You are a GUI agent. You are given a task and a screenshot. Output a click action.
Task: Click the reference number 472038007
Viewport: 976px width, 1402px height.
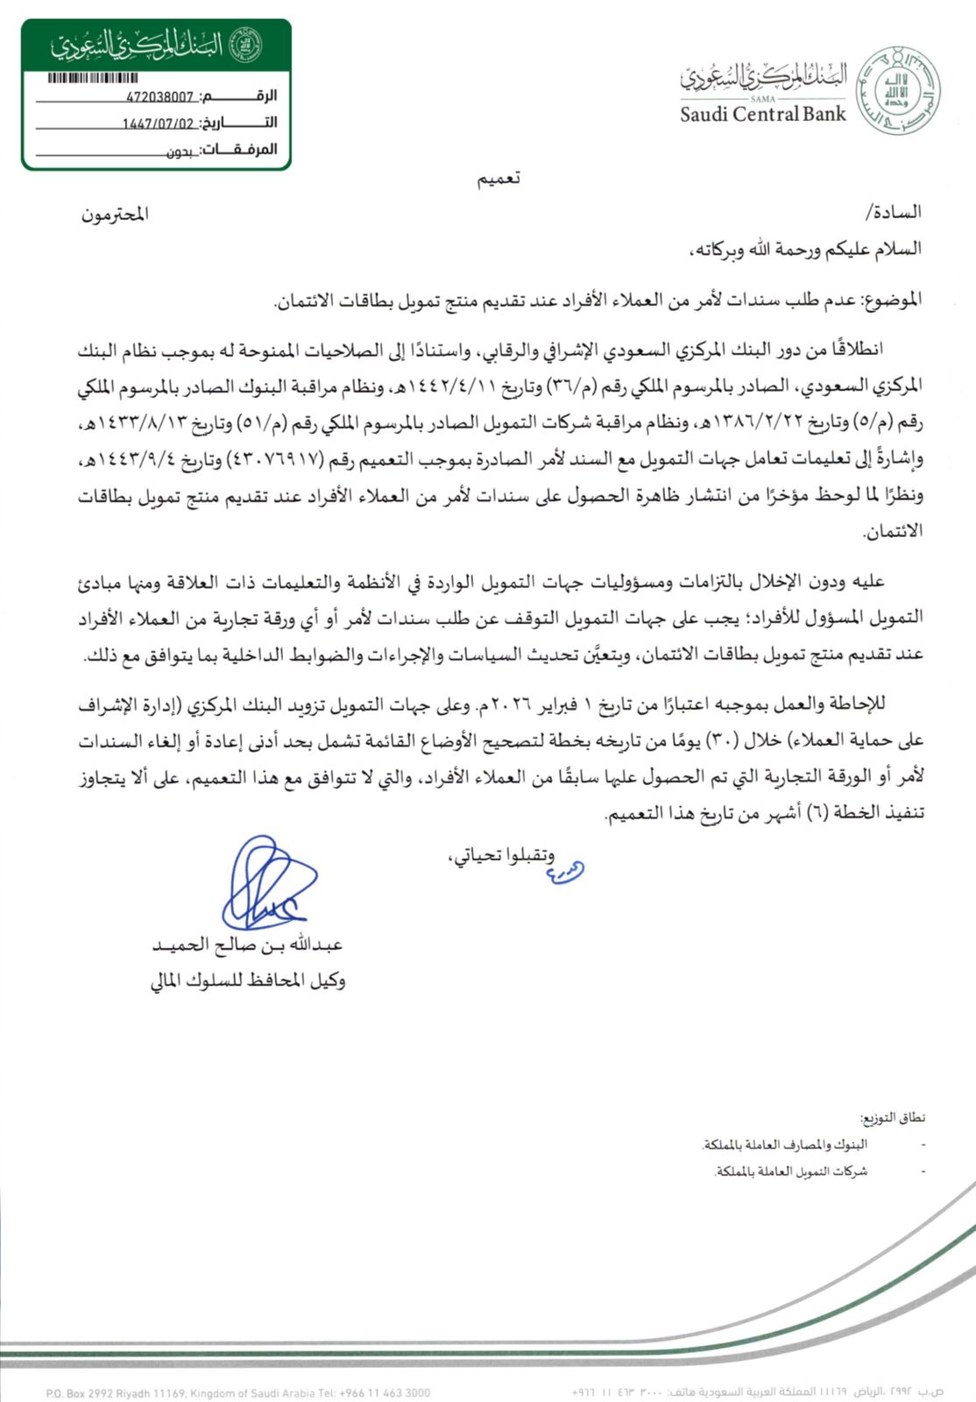click(x=159, y=97)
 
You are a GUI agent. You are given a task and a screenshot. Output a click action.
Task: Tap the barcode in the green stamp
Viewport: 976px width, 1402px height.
click(x=93, y=78)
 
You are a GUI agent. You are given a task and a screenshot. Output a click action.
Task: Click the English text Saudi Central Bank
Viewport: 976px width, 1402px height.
click(x=762, y=114)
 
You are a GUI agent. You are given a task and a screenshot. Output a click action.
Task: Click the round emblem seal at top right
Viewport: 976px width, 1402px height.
click(x=897, y=91)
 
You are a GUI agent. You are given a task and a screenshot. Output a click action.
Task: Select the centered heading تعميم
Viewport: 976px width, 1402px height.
click(x=499, y=179)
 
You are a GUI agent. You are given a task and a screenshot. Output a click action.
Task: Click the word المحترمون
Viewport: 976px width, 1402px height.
click(x=115, y=215)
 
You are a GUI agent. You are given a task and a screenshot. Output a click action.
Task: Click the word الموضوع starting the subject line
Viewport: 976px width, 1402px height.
click(x=893, y=301)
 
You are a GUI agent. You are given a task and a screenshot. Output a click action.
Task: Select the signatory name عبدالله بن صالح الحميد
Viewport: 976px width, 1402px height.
click(x=247, y=945)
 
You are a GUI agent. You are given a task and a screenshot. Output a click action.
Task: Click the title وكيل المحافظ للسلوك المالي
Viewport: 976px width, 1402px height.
click(x=247, y=981)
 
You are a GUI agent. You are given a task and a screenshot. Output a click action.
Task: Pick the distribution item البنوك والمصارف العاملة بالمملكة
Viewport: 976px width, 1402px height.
click(x=784, y=1145)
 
